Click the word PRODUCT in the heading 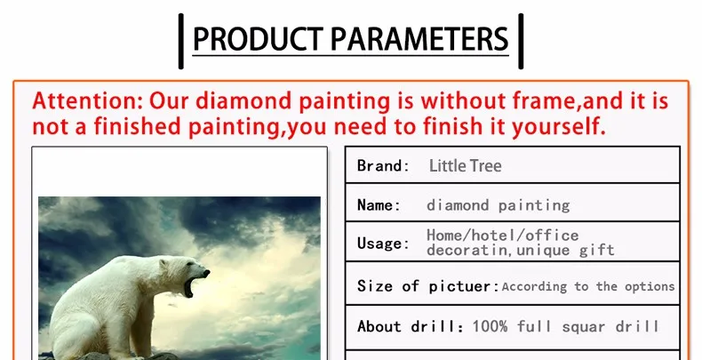[258, 39]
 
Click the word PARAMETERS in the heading [419, 39]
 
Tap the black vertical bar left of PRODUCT [181, 41]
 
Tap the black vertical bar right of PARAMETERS [521, 41]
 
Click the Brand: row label [383, 165]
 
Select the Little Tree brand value [465, 165]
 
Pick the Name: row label [379, 205]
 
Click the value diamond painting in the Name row [499, 205]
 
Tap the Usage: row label [383, 244]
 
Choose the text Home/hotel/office [503, 235]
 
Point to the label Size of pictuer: [428, 286]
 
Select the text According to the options [588, 286]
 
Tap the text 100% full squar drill [566, 326]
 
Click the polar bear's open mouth [191, 286]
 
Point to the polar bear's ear [163, 264]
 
